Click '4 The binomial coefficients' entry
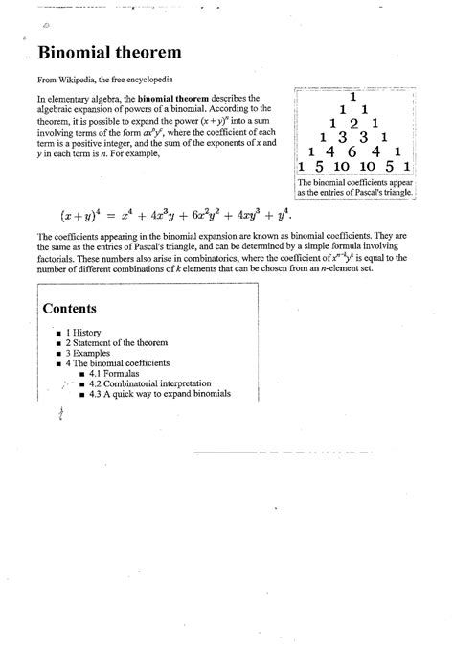click(x=115, y=363)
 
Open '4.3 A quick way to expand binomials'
click(x=160, y=394)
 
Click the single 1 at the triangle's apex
click(x=353, y=97)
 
